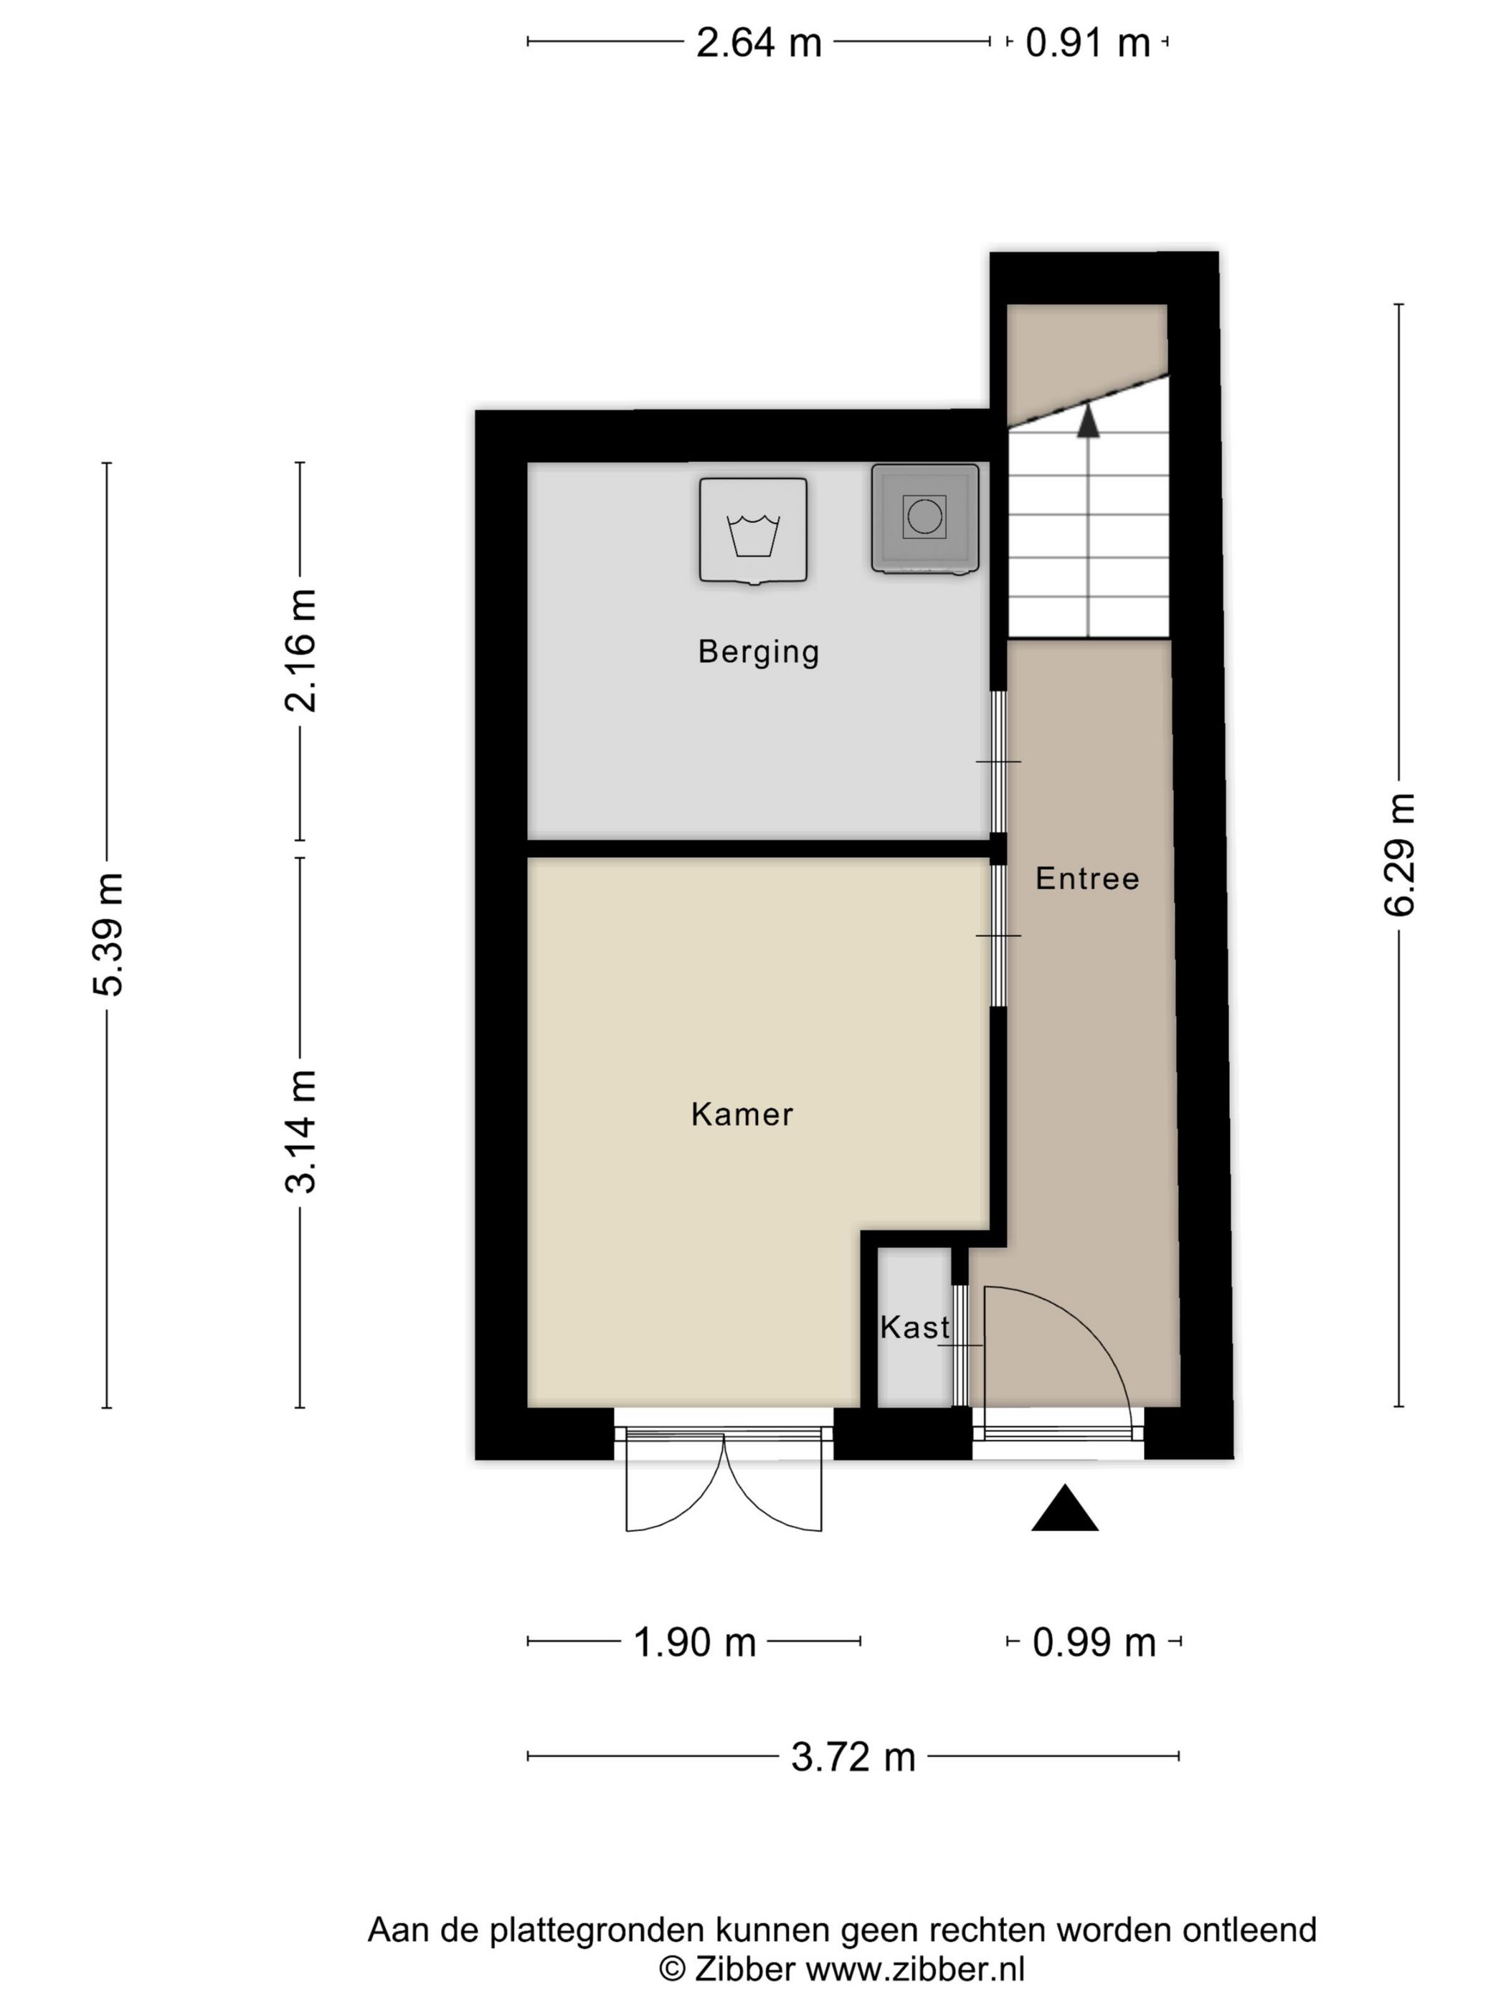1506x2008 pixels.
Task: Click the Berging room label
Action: click(x=758, y=652)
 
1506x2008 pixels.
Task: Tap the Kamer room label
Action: click(x=742, y=1114)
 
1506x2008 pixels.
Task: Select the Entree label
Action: click(x=1086, y=879)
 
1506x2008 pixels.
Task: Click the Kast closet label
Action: click(x=914, y=1328)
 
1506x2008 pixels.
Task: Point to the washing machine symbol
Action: click(x=752, y=532)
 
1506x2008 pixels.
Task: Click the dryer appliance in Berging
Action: click(x=924, y=518)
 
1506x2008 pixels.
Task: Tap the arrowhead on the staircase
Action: click(x=1087, y=422)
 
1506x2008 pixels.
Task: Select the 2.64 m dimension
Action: click(x=758, y=42)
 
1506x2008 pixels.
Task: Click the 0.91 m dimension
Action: click(x=1087, y=42)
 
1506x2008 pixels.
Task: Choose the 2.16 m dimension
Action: click(x=300, y=650)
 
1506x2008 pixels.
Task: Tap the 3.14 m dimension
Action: click(x=300, y=1131)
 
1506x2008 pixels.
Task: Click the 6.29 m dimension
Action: click(x=1399, y=854)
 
